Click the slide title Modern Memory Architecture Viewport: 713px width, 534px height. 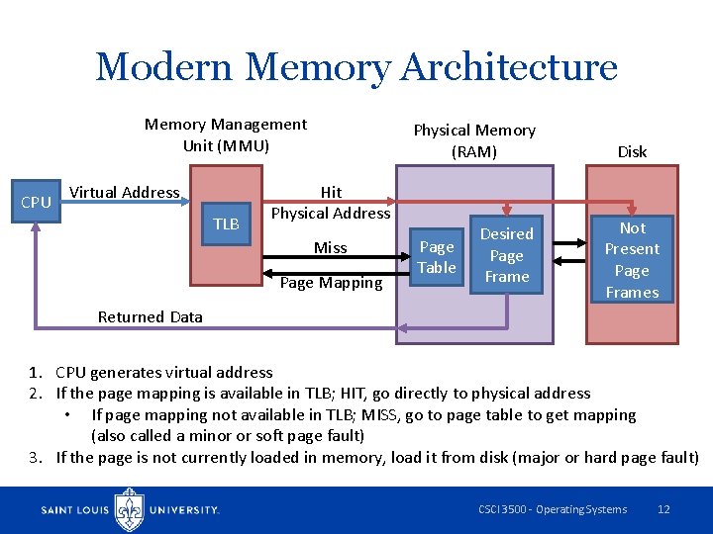pyautogui.click(x=356, y=67)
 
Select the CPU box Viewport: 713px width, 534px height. pyautogui.click(x=36, y=202)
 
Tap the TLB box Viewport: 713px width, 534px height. pyautogui.click(x=227, y=224)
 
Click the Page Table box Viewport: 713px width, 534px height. pyautogui.click(x=436, y=257)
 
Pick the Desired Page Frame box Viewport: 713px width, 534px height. pyautogui.click(x=506, y=255)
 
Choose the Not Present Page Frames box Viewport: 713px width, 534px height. pyautogui.click(x=632, y=259)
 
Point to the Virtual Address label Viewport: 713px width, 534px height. pyautogui.click(x=124, y=192)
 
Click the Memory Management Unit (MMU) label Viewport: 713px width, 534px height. pyautogui.click(x=226, y=134)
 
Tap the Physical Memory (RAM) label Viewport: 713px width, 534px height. pyautogui.click(x=473, y=140)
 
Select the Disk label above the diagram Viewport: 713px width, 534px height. pyautogui.click(x=632, y=151)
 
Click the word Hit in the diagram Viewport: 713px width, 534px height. pyautogui.click(x=331, y=192)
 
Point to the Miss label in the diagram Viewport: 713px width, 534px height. pyautogui.click(x=330, y=247)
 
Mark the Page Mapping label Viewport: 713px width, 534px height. pyautogui.click(x=331, y=283)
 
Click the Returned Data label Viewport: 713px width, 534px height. pyautogui.click(x=150, y=317)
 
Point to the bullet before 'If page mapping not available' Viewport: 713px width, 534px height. pyautogui.click(x=66, y=415)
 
